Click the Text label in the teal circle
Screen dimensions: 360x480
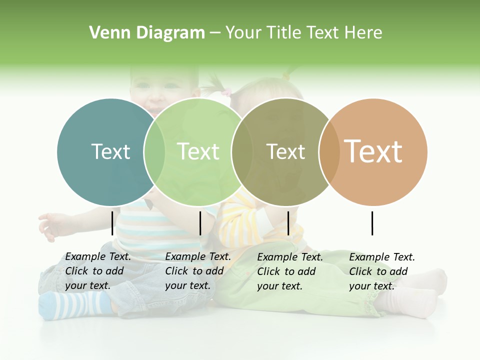(110, 151)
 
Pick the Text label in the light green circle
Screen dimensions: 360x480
(198, 151)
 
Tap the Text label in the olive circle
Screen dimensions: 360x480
(285, 151)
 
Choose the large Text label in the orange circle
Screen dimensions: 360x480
(373, 151)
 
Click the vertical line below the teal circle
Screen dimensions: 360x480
(112, 223)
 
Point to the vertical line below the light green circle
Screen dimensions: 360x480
(200, 223)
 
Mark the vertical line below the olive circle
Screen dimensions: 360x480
(288, 223)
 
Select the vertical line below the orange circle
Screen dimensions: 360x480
(372, 223)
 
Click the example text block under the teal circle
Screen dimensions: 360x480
(98, 271)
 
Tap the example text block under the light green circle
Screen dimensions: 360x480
(198, 271)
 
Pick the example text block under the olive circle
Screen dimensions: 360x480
(290, 271)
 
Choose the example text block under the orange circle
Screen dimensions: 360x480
(382, 271)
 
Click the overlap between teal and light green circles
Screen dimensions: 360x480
(154, 151)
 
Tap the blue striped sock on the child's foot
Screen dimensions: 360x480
(75, 304)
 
